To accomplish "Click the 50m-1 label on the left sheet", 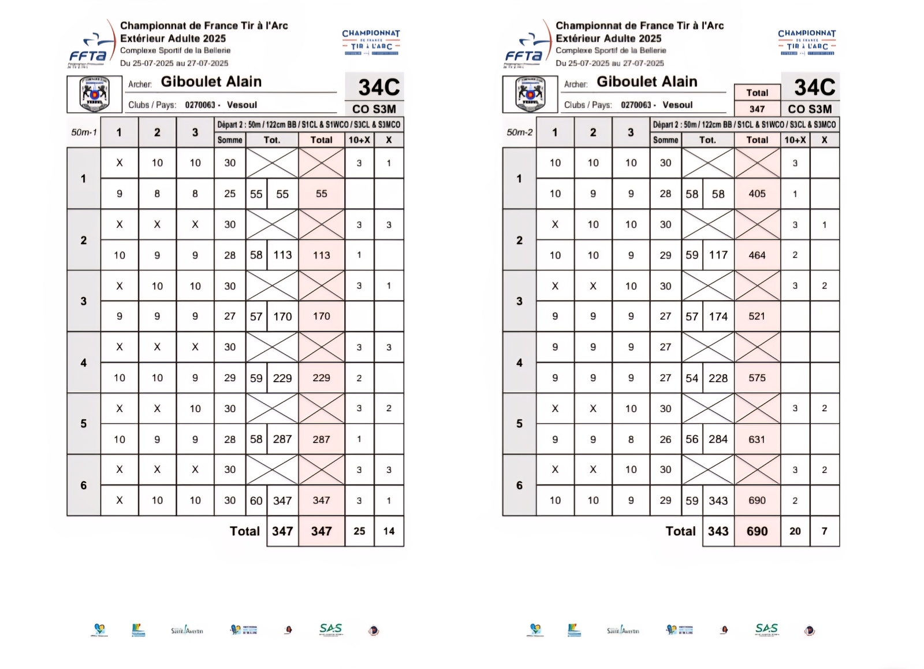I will (84, 132).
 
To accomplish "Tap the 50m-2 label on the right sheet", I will (519, 132).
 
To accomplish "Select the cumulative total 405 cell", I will (757, 194).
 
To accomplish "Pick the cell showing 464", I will (757, 255).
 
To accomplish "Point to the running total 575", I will (757, 378).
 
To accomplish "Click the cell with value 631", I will (757, 439).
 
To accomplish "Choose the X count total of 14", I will (389, 531).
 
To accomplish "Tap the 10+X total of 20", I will (795, 531).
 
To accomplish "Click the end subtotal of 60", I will (256, 501).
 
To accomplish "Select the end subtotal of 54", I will (691, 378).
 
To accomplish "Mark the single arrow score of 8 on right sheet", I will (631, 439).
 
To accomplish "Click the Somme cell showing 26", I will (665, 439).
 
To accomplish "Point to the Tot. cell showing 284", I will (718, 439).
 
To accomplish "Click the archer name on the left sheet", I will (211, 82).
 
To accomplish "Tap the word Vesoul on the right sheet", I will (677, 105).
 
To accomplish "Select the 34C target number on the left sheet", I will (378, 87).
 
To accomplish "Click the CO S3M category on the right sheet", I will (810, 109).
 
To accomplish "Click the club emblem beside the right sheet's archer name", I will (530, 94).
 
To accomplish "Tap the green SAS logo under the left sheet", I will (331, 629).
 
